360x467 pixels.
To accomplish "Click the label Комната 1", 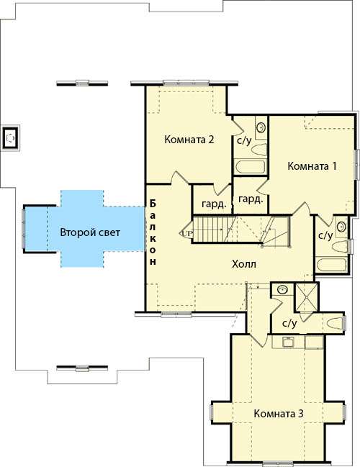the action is click(312, 166).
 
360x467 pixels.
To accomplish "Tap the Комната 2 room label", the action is click(189, 140).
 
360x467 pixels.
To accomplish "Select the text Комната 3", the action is click(279, 413).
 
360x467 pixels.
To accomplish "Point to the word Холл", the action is click(244, 264).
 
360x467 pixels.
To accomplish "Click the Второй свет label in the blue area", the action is click(90, 232).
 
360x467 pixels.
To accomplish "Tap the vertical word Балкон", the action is click(153, 232).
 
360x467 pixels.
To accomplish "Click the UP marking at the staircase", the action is click(186, 232).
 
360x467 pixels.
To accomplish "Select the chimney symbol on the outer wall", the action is click(11, 138).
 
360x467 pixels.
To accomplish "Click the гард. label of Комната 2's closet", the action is click(214, 204).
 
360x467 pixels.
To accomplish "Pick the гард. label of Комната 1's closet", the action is click(251, 199).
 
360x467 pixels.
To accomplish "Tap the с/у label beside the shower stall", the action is click(289, 323).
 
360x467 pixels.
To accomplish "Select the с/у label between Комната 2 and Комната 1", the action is click(244, 140).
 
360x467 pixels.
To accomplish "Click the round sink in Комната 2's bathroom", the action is click(261, 127).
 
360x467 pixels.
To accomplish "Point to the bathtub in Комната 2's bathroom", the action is click(250, 167).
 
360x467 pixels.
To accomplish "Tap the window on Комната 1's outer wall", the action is click(356, 164).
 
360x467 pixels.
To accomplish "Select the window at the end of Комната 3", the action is click(278, 463).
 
